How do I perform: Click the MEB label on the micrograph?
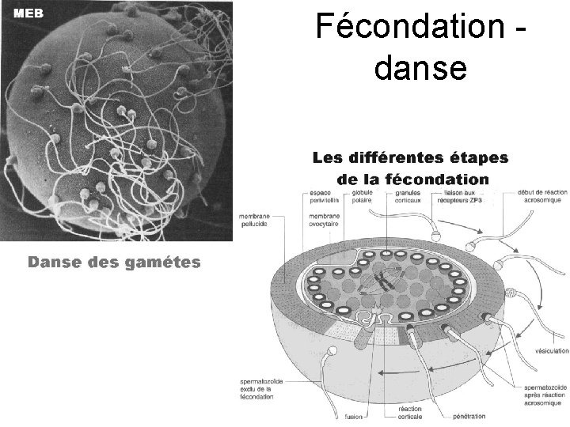click(x=27, y=13)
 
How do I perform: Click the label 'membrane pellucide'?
click(x=253, y=219)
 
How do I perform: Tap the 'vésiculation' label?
click(x=551, y=350)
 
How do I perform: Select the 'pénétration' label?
click(x=469, y=416)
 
